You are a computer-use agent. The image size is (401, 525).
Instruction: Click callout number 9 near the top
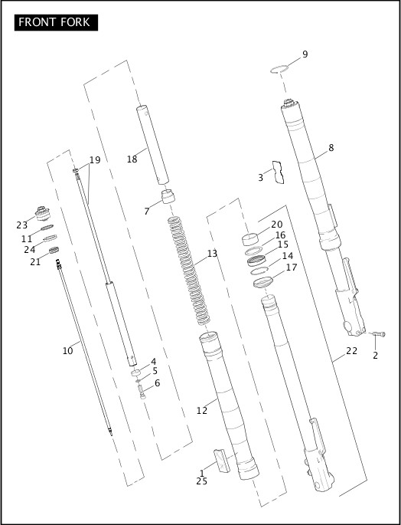click(305, 54)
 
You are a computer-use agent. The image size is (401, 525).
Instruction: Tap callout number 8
click(331, 148)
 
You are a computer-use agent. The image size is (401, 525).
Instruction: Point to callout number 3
click(260, 178)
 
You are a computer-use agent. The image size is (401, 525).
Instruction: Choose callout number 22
click(351, 351)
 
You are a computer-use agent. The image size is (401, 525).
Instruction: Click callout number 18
click(132, 159)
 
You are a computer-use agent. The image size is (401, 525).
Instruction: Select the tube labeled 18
click(153, 146)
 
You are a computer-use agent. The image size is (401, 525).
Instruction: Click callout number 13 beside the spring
click(212, 254)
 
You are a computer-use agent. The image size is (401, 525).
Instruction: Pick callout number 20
click(276, 225)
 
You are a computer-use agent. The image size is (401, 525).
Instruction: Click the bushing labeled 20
click(253, 239)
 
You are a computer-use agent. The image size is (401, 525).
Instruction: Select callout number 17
click(291, 267)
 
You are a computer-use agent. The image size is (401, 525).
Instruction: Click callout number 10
click(67, 351)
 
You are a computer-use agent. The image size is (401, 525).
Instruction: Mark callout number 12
click(201, 411)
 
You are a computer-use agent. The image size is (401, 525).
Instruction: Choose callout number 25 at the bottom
click(201, 481)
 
